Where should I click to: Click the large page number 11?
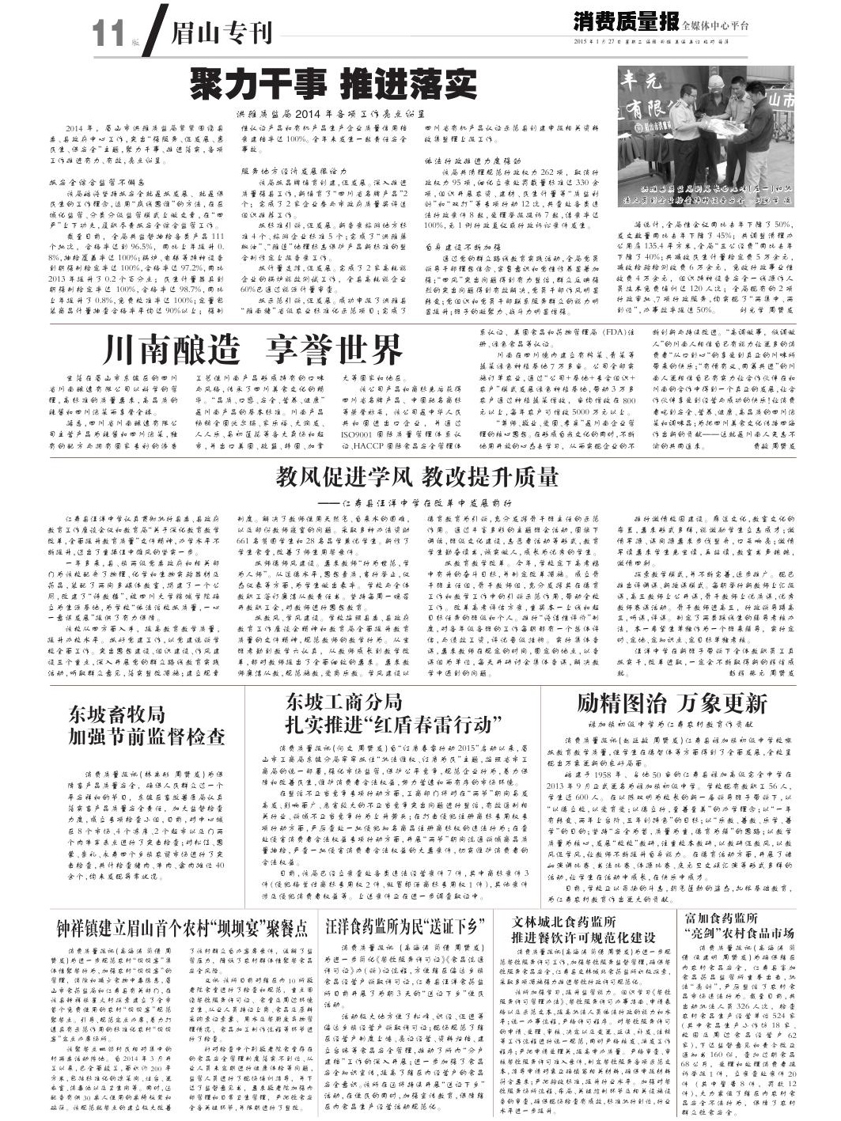coord(108,34)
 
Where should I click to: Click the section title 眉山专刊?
coord(222,34)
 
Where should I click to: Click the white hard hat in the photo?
coord(714,81)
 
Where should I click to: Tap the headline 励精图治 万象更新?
coord(672,703)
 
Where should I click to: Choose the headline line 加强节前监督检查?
coord(146,737)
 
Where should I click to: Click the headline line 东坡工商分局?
coord(344,701)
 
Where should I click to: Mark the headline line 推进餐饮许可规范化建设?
coord(585,937)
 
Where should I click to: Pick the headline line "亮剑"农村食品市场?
coord(739,934)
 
